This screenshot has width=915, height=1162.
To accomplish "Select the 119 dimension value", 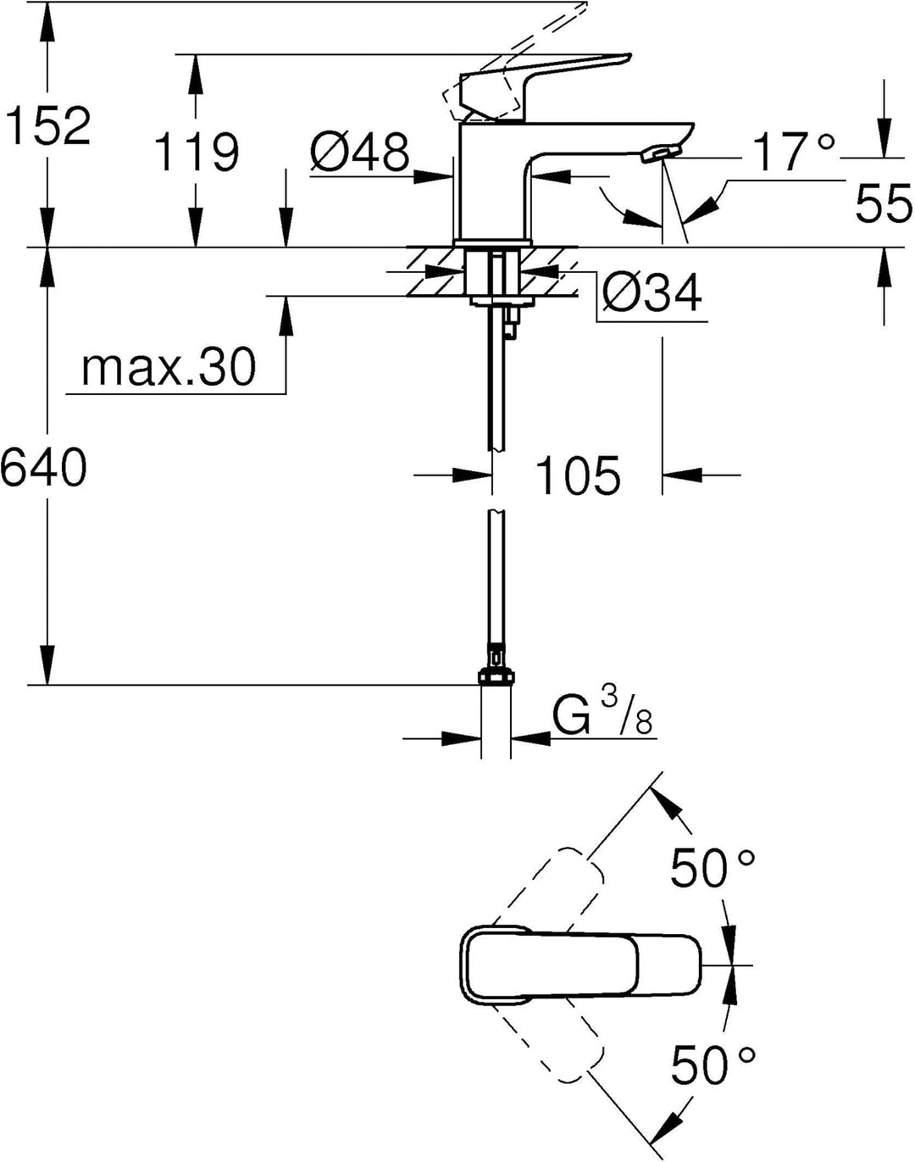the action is (x=197, y=152).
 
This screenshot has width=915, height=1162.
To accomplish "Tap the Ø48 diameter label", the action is (x=359, y=152).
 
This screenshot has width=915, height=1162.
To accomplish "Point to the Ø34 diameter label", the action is (x=652, y=292).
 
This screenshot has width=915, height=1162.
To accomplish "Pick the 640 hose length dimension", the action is (x=44, y=466).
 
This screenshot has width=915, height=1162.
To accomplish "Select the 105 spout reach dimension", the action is (x=578, y=475).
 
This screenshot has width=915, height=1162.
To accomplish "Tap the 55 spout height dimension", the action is (x=884, y=203).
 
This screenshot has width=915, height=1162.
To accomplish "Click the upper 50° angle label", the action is (x=713, y=869).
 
